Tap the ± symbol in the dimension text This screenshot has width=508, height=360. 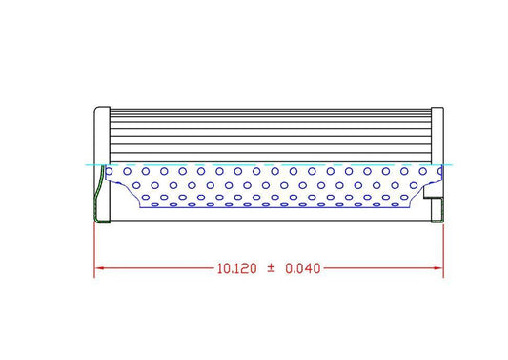[x=271, y=269]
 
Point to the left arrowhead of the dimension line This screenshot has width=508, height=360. [x=97, y=269]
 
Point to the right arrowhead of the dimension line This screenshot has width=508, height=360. [x=440, y=269]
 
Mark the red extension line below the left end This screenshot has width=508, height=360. [x=93, y=250]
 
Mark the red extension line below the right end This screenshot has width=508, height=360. [x=444, y=250]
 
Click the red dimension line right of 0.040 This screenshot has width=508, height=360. [x=381, y=269]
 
